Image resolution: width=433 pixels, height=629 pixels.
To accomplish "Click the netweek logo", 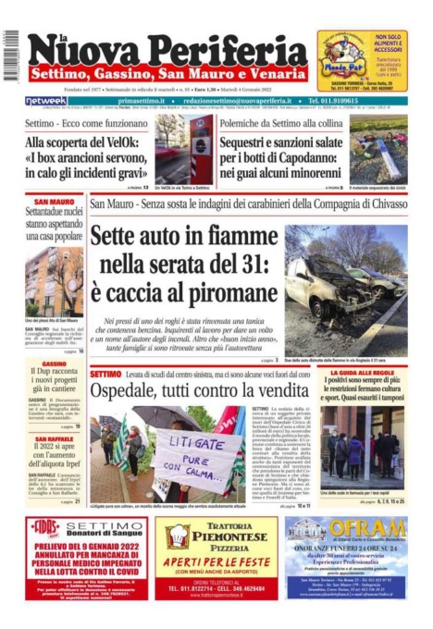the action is (x=45, y=101).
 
